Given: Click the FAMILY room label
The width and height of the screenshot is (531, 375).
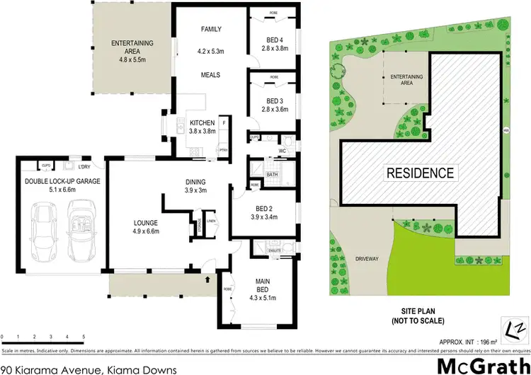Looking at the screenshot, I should click(x=211, y=29).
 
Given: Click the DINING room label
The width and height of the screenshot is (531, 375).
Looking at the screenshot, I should click(x=195, y=180).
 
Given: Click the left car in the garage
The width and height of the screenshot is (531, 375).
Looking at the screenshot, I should click(x=44, y=223).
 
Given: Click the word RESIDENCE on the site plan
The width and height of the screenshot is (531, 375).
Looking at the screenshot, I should click(x=419, y=173).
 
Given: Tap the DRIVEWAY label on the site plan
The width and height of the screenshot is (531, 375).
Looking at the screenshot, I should click(x=367, y=259).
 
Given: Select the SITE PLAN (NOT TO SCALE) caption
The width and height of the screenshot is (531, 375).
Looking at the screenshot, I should click(x=418, y=316).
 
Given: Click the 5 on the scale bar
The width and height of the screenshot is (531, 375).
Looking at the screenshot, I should click(x=84, y=336).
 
